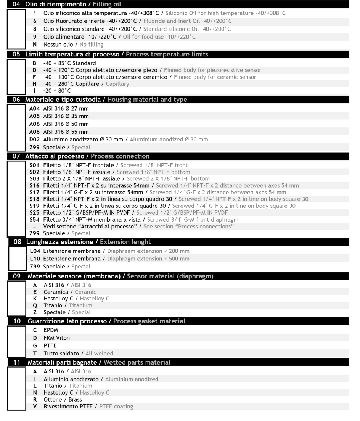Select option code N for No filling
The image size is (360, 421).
click(35, 44)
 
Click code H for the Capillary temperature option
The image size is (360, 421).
click(35, 84)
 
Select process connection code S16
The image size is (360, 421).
click(35, 185)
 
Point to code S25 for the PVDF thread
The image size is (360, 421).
click(35, 213)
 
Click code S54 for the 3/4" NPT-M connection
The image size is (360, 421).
click(35, 220)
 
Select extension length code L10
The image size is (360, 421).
click(35, 259)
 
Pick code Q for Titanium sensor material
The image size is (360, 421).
click(35, 305)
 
